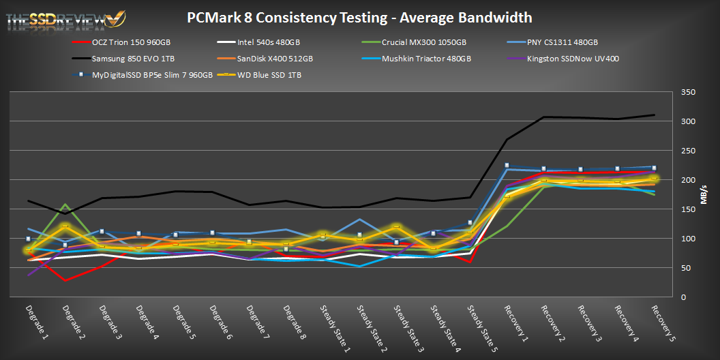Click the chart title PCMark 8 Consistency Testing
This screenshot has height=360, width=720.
click(359, 17)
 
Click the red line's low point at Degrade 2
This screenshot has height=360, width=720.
click(65, 280)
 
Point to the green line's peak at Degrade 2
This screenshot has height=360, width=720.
click(65, 205)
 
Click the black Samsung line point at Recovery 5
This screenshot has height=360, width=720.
click(654, 115)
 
